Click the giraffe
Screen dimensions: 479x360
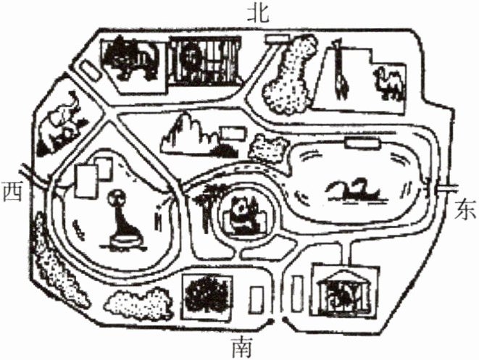tap(340, 72)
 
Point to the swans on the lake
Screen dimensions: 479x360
tap(355, 190)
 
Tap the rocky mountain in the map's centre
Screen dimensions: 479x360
tap(190, 135)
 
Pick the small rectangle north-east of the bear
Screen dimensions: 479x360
tap(276, 38)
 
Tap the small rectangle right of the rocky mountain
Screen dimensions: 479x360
tap(232, 133)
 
